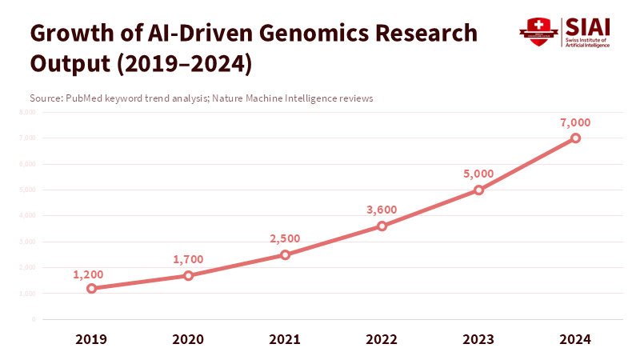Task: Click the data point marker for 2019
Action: [91, 288]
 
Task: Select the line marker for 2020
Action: [188, 275]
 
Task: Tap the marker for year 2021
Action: [285, 254]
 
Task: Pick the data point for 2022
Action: [382, 226]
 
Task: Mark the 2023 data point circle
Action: [478, 190]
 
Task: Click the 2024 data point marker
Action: [575, 138]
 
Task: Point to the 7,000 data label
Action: [575, 122]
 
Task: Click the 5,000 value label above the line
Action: [478, 174]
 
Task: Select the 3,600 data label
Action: [382, 210]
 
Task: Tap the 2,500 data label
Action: [285, 238]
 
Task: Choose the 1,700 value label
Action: [188, 259]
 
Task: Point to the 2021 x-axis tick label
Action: [285, 339]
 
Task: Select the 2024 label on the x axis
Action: [575, 339]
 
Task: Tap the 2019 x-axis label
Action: [91, 339]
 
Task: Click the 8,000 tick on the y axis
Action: [27, 112]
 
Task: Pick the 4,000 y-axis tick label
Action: [27, 216]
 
